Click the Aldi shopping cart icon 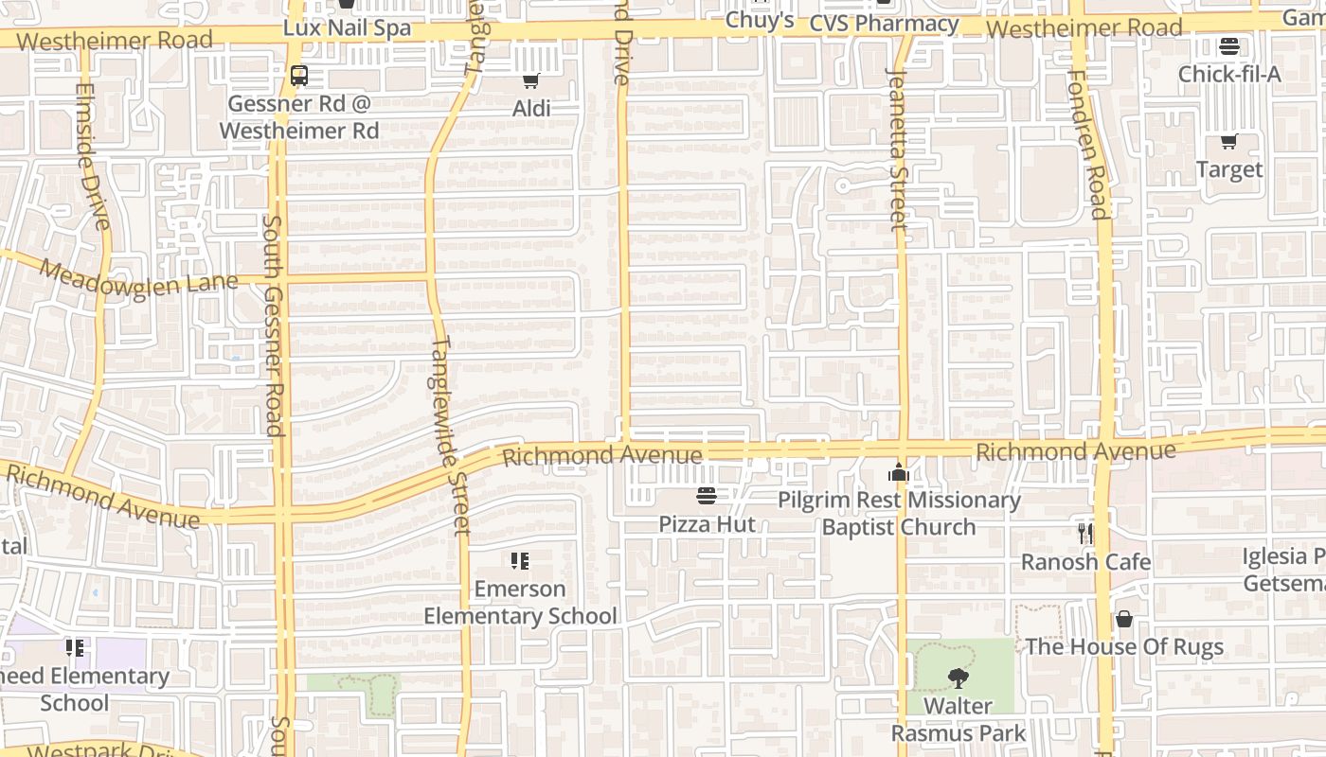tap(531, 81)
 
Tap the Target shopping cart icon tap(1228, 142)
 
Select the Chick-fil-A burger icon tap(1229, 46)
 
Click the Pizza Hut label tap(708, 524)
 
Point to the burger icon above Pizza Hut tap(707, 495)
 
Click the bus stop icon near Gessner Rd tap(298, 76)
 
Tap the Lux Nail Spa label tap(348, 28)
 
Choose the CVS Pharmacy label tap(884, 24)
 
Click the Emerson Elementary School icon tap(519, 561)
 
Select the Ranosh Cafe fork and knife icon tap(1085, 534)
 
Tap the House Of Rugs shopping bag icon tap(1123, 619)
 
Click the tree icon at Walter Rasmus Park tap(958, 678)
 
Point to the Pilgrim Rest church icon tap(898, 472)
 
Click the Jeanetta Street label tap(898, 149)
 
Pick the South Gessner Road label tap(274, 326)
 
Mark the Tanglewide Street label tap(451, 435)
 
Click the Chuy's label tap(759, 20)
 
